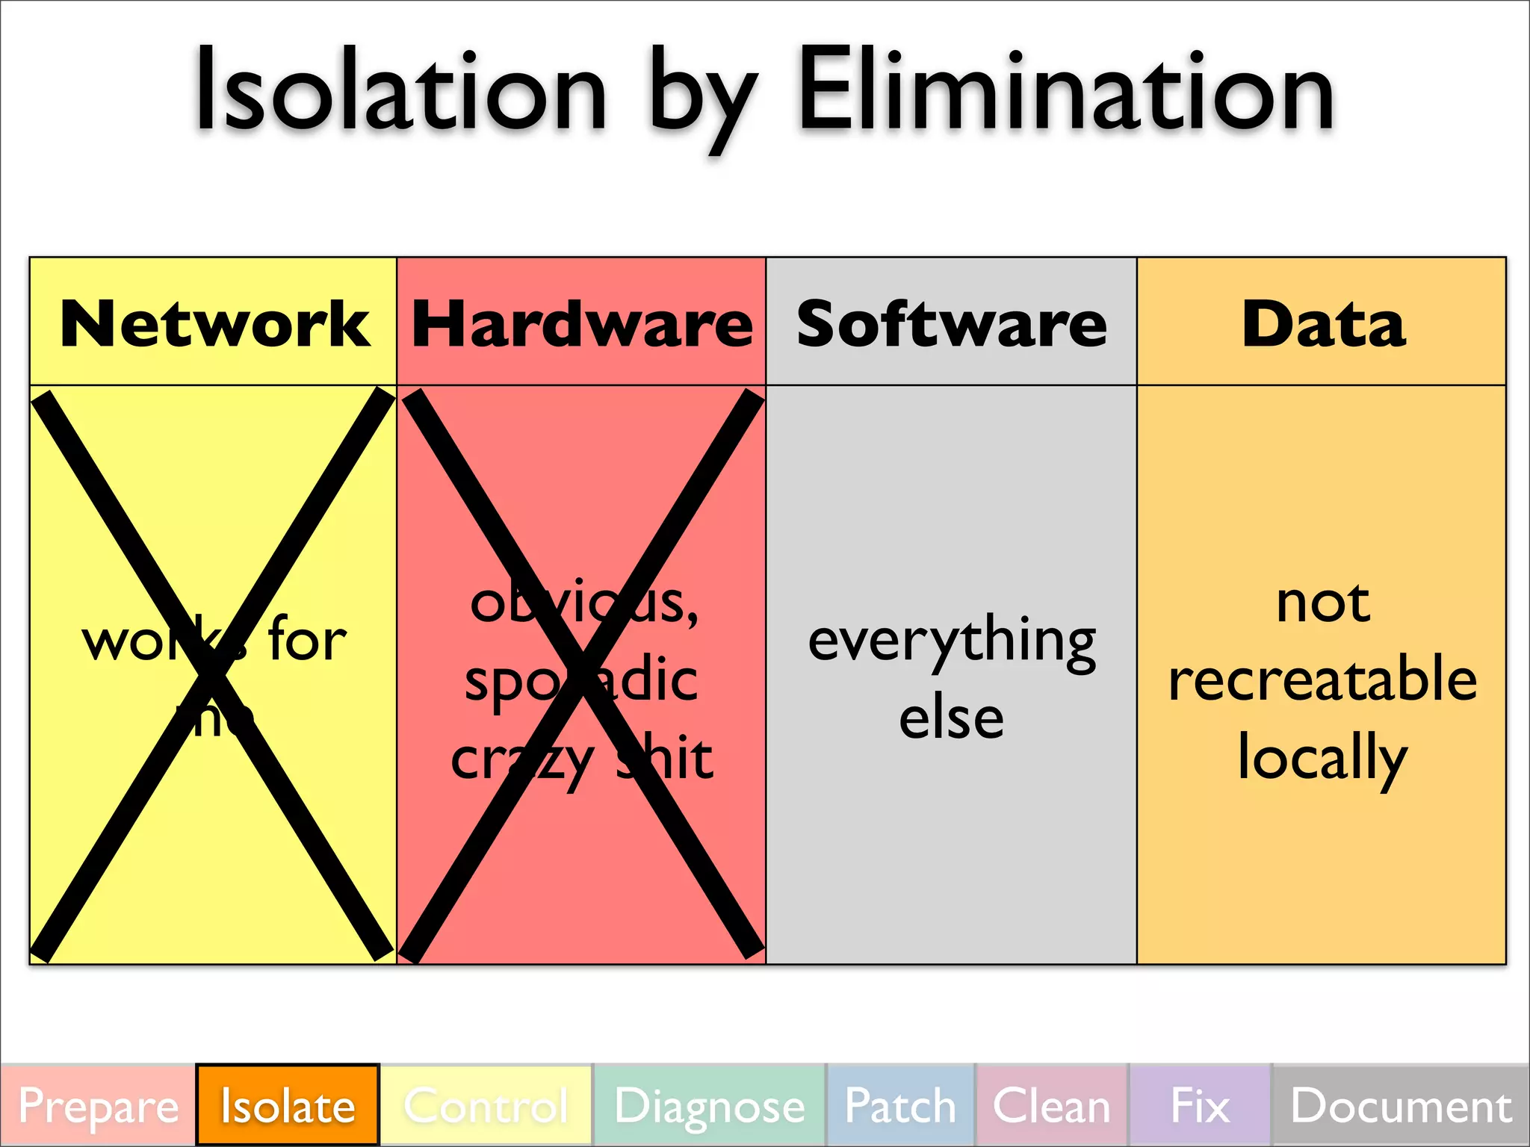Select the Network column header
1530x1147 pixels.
(x=214, y=324)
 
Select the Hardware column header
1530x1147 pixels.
(x=582, y=324)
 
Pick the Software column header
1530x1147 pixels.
(x=951, y=324)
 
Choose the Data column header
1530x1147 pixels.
(x=1323, y=324)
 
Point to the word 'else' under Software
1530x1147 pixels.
(x=951, y=718)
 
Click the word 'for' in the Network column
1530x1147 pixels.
(x=307, y=640)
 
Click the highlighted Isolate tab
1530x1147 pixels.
(x=288, y=1106)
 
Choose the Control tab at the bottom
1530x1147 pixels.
(x=486, y=1106)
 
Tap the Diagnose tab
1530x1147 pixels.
(x=709, y=1106)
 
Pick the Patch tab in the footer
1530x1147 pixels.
(x=900, y=1106)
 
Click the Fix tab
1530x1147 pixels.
(x=1200, y=1106)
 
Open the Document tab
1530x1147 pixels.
(x=1401, y=1106)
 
